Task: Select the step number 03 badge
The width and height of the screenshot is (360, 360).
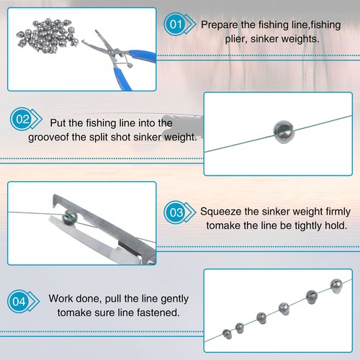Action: (176, 212)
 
